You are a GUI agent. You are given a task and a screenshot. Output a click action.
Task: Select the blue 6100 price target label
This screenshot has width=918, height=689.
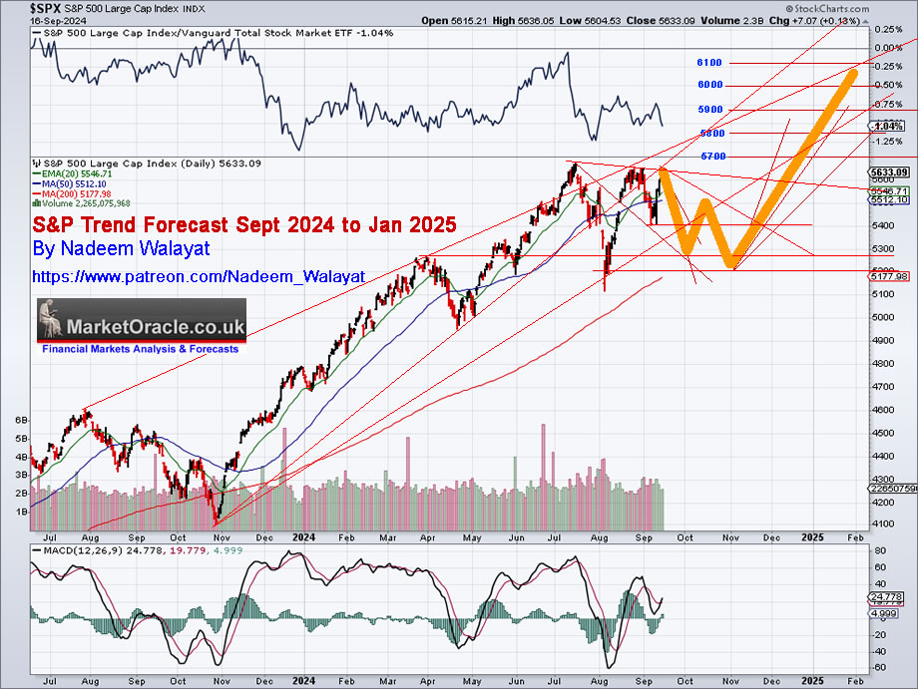tap(709, 62)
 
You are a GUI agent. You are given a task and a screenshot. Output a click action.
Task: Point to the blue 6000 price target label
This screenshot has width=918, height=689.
tap(709, 86)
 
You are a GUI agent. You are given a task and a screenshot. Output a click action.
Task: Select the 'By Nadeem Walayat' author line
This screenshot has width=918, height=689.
tap(121, 248)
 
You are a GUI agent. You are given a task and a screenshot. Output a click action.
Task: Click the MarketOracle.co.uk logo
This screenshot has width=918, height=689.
tap(141, 327)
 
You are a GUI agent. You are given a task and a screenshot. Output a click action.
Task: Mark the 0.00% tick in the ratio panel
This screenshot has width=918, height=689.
tap(886, 47)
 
